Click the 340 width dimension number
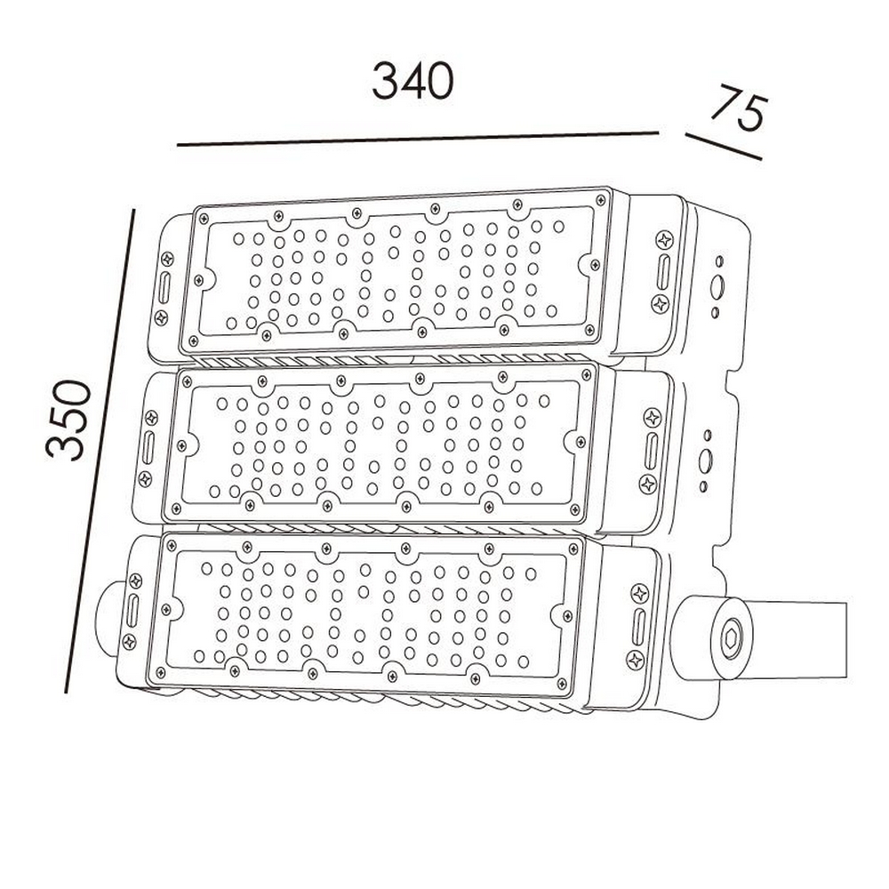(x=412, y=81)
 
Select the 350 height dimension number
(x=68, y=419)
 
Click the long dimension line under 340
(x=418, y=139)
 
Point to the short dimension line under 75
(x=724, y=147)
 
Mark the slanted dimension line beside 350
(x=100, y=452)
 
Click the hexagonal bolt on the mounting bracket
(x=732, y=640)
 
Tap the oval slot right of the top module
(x=663, y=273)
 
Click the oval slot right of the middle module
(x=652, y=452)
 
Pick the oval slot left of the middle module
(x=148, y=448)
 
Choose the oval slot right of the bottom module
(x=639, y=627)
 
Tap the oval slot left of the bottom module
(x=132, y=611)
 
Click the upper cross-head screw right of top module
(x=664, y=240)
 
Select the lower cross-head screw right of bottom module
(x=636, y=660)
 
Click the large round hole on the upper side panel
(x=717, y=286)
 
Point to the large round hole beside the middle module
(x=706, y=461)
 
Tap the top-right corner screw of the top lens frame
(x=601, y=199)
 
